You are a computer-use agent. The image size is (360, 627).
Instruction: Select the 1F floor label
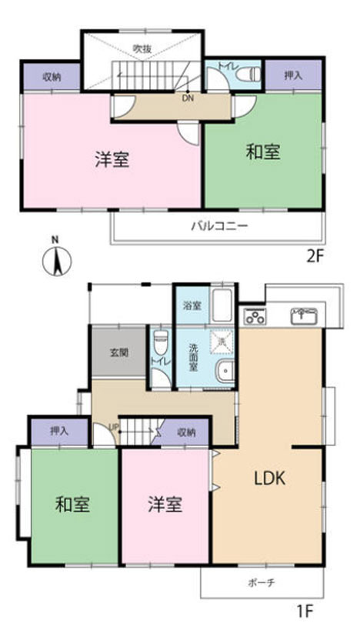(x=305, y=612)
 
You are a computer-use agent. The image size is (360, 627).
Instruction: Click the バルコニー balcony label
(x=219, y=226)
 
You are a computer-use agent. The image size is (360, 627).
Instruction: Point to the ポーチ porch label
(x=263, y=583)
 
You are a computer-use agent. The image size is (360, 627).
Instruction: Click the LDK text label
(x=270, y=478)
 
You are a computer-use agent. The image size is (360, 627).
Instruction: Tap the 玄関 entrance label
(x=118, y=352)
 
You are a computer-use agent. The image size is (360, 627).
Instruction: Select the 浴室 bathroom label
(x=192, y=305)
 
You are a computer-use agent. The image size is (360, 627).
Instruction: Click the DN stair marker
(x=188, y=98)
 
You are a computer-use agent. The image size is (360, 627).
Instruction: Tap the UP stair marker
(x=113, y=428)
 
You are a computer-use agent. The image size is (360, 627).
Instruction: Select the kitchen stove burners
(x=255, y=316)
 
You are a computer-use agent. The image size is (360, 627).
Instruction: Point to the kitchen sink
(x=305, y=315)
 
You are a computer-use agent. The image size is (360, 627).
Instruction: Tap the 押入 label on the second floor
(x=293, y=75)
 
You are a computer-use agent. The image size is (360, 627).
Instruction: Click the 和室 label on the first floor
(x=73, y=505)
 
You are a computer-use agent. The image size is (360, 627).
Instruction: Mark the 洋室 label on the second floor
(x=112, y=159)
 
